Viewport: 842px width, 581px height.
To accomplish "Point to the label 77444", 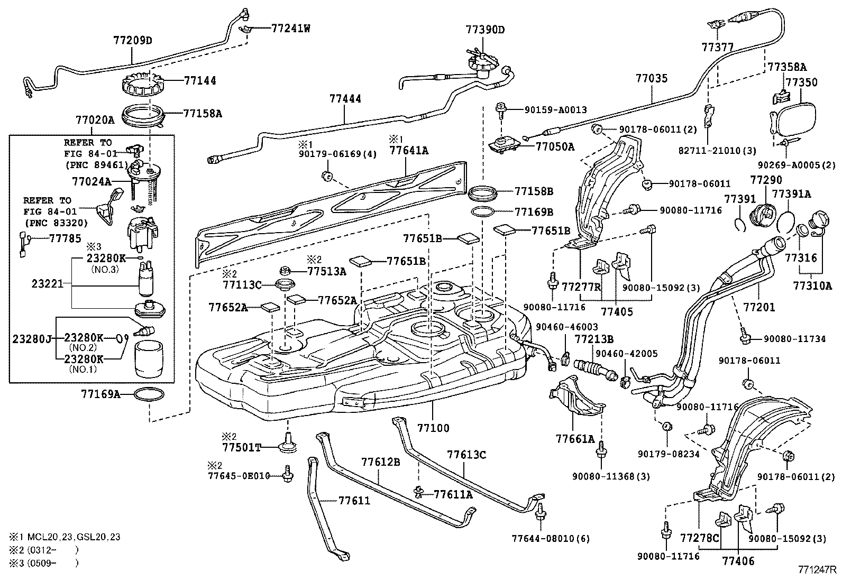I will (345, 99).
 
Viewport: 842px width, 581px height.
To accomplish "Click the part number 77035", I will (652, 79).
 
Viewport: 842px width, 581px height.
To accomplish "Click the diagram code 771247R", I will (817, 570).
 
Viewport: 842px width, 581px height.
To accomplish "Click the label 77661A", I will (575, 439).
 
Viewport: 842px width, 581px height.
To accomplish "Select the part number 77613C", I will (466, 454).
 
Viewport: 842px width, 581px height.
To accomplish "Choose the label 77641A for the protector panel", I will (409, 150).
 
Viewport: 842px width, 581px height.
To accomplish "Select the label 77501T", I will (242, 448).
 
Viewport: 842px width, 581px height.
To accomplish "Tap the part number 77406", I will (738, 561).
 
